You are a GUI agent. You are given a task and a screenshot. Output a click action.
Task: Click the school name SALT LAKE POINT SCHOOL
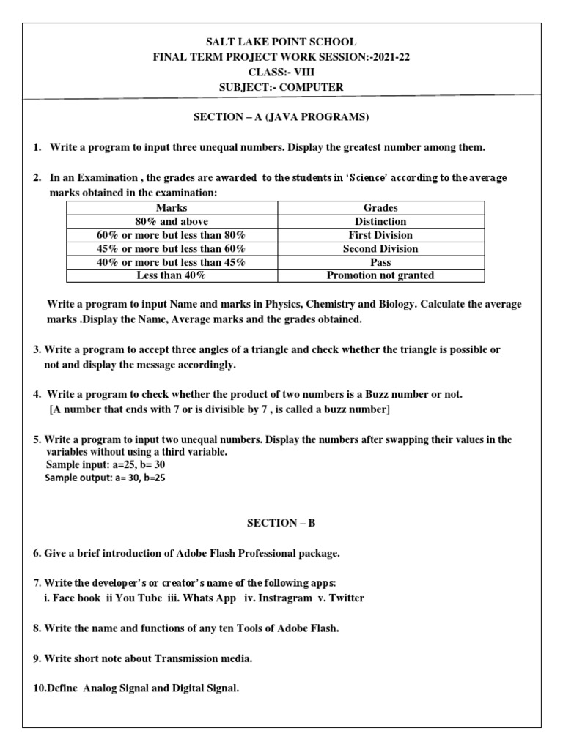[x=281, y=42]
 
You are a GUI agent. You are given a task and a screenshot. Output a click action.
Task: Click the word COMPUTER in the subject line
[x=312, y=88]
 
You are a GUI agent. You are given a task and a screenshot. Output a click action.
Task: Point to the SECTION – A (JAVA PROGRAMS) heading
[x=281, y=117]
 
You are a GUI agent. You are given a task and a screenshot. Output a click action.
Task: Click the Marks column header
[x=172, y=208]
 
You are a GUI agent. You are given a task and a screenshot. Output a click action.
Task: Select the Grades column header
[x=380, y=208]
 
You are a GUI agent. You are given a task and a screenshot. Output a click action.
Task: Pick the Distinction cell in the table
[x=380, y=221]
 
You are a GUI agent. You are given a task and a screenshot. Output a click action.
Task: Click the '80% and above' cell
[x=172, y=221]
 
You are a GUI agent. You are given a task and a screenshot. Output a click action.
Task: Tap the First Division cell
[x=380, y=235]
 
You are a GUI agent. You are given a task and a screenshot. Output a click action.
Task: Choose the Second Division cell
[x=380, y=248]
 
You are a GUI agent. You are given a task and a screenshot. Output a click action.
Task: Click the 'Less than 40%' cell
[x=172, y=275]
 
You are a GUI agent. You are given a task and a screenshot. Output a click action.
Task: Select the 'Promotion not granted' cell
[x=380, y=275]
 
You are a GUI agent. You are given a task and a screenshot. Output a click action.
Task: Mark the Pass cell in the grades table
[x=380, y=262]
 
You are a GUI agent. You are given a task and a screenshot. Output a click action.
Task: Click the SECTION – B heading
[x=281, y=523]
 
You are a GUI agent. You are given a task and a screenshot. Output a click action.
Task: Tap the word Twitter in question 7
[x=346, y=598]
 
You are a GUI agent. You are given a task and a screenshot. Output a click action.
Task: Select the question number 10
[x=40, y=689]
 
